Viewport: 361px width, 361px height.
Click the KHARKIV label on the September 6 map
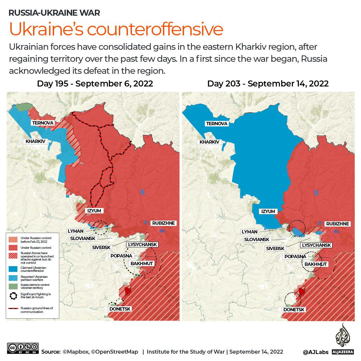click(36, 141)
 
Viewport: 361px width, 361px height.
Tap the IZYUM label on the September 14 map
click(268, 211)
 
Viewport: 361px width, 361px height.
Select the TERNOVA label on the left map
click(42, 123)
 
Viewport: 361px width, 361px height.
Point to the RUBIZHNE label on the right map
click(337, 224)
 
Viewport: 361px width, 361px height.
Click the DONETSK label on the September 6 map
click(120, 309)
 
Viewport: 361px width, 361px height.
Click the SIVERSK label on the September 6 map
click(101, 247)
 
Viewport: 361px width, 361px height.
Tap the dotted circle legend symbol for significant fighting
click(13, 296)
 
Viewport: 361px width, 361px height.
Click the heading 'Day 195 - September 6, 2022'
click(95, 83)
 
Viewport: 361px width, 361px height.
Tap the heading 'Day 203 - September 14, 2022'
click(268, 83)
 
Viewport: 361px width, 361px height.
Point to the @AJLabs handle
click(316, 352)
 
